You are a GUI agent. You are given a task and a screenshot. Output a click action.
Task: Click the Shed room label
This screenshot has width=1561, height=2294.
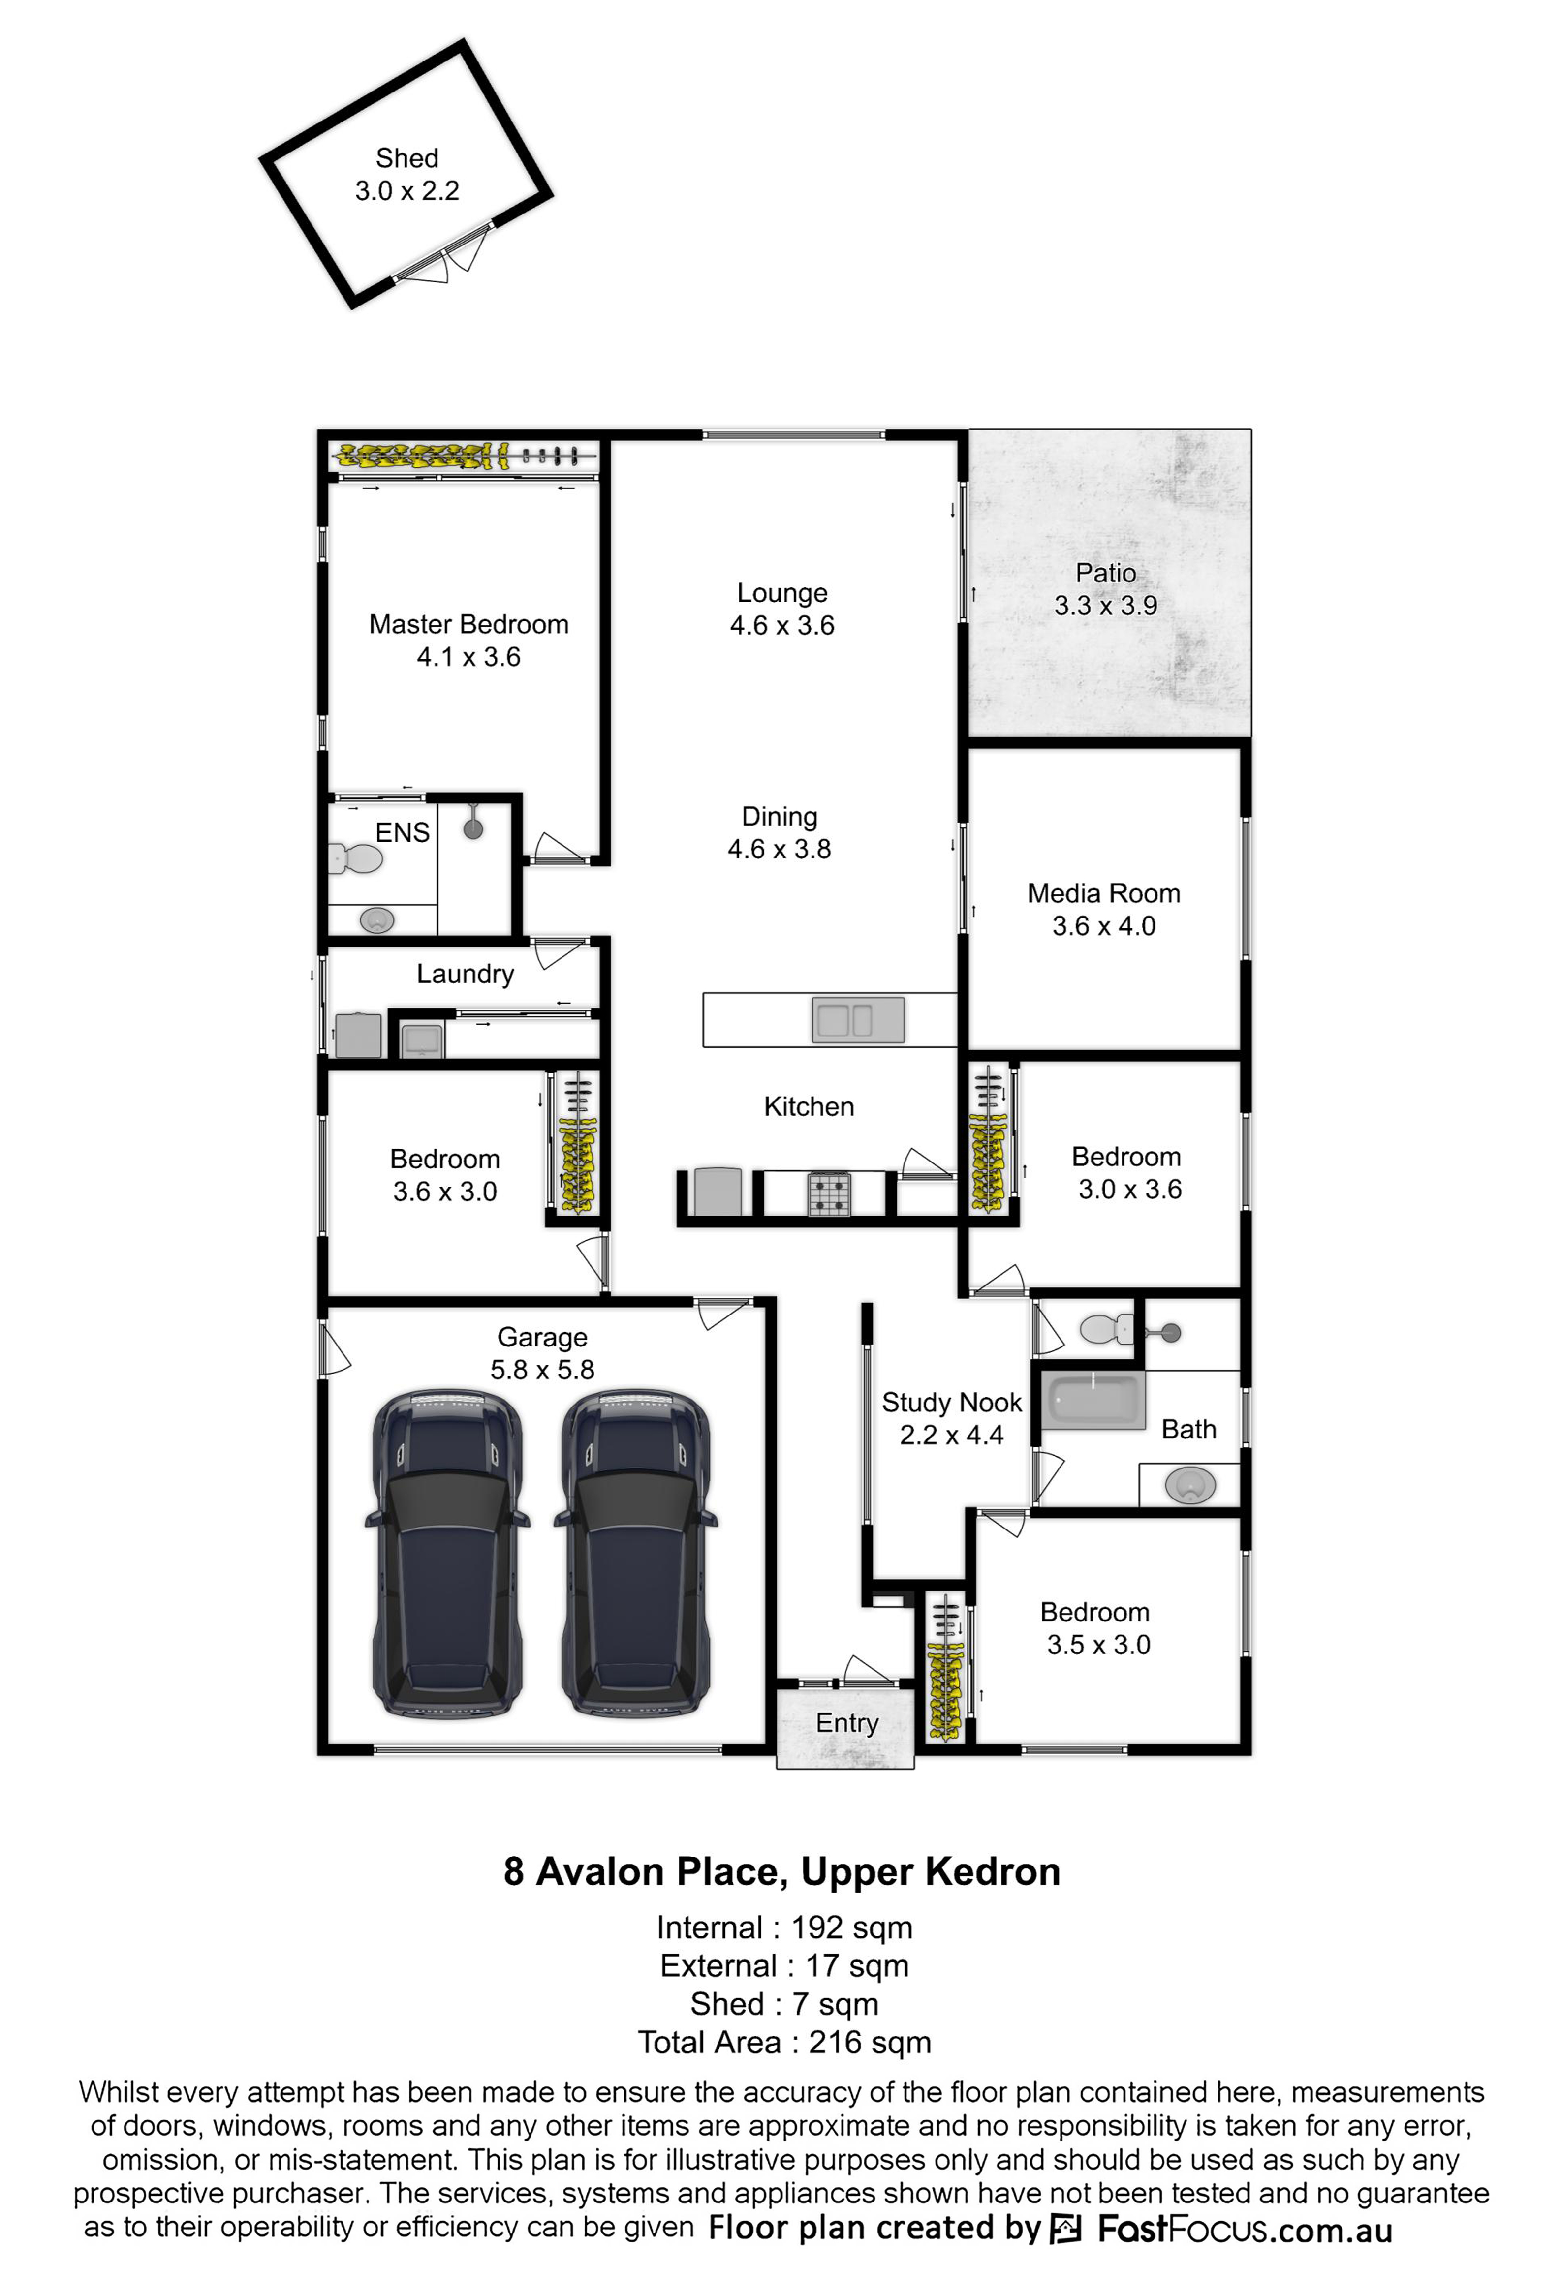407,158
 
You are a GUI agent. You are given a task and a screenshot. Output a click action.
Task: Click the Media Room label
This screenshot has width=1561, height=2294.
1104,893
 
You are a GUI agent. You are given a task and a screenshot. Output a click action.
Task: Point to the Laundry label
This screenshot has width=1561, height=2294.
465,974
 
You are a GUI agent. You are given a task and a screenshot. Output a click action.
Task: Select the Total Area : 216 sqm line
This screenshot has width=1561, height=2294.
784,2042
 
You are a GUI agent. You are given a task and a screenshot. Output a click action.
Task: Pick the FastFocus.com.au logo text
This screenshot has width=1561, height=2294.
1245,2229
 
